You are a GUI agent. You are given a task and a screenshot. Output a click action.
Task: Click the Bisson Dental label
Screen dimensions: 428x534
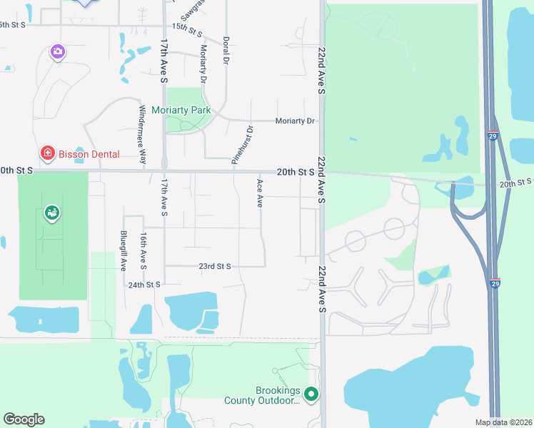click(89, 154)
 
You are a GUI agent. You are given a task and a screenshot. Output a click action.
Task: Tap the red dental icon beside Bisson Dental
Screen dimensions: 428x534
click(47, 153)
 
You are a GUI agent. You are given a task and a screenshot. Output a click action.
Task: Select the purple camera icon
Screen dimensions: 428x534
click(58, 51)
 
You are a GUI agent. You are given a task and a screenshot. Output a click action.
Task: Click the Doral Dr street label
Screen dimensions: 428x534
click(226, 49)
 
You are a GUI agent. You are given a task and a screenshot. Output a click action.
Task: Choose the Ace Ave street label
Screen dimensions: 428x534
click(260, 193)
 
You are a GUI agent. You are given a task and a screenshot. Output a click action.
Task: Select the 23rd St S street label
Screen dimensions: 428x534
click(214, 266)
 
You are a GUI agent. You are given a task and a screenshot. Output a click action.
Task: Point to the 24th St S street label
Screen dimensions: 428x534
click(144, 285)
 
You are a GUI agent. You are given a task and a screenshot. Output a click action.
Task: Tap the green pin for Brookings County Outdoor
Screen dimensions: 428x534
click(311, 393)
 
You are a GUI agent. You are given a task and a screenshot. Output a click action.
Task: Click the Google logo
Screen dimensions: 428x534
click(24, 419)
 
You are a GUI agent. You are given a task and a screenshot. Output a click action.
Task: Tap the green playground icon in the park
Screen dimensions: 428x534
click(52, 212)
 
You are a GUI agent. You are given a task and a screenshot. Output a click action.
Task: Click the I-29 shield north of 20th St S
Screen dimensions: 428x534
click(493, 134)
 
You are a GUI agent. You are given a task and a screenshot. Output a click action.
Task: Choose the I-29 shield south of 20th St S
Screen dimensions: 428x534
click(495, 282)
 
